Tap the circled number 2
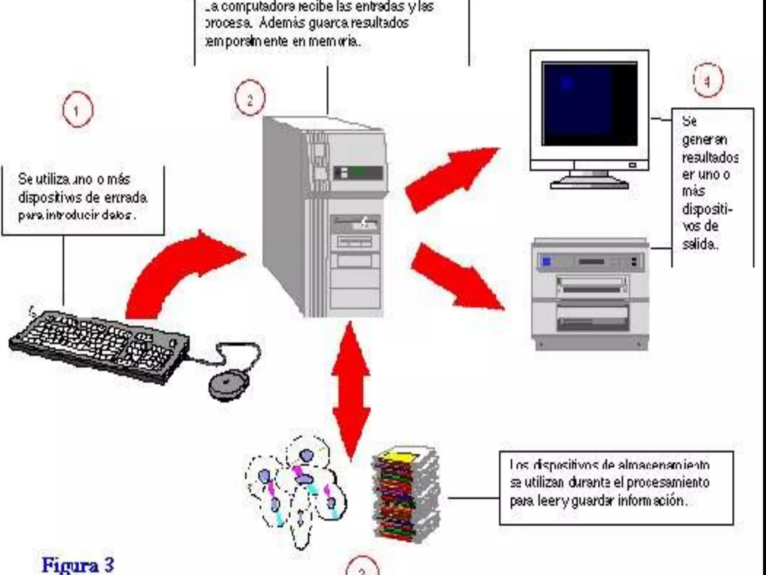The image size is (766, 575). click(x=250, y=98)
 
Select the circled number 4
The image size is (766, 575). click(x=707, y=80)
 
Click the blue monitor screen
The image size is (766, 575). click(x=589, y=104)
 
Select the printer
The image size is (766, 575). click(x=590, y=294)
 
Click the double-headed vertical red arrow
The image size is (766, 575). click(x=351, y=391)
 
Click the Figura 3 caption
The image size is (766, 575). click(x=78, y=565)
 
